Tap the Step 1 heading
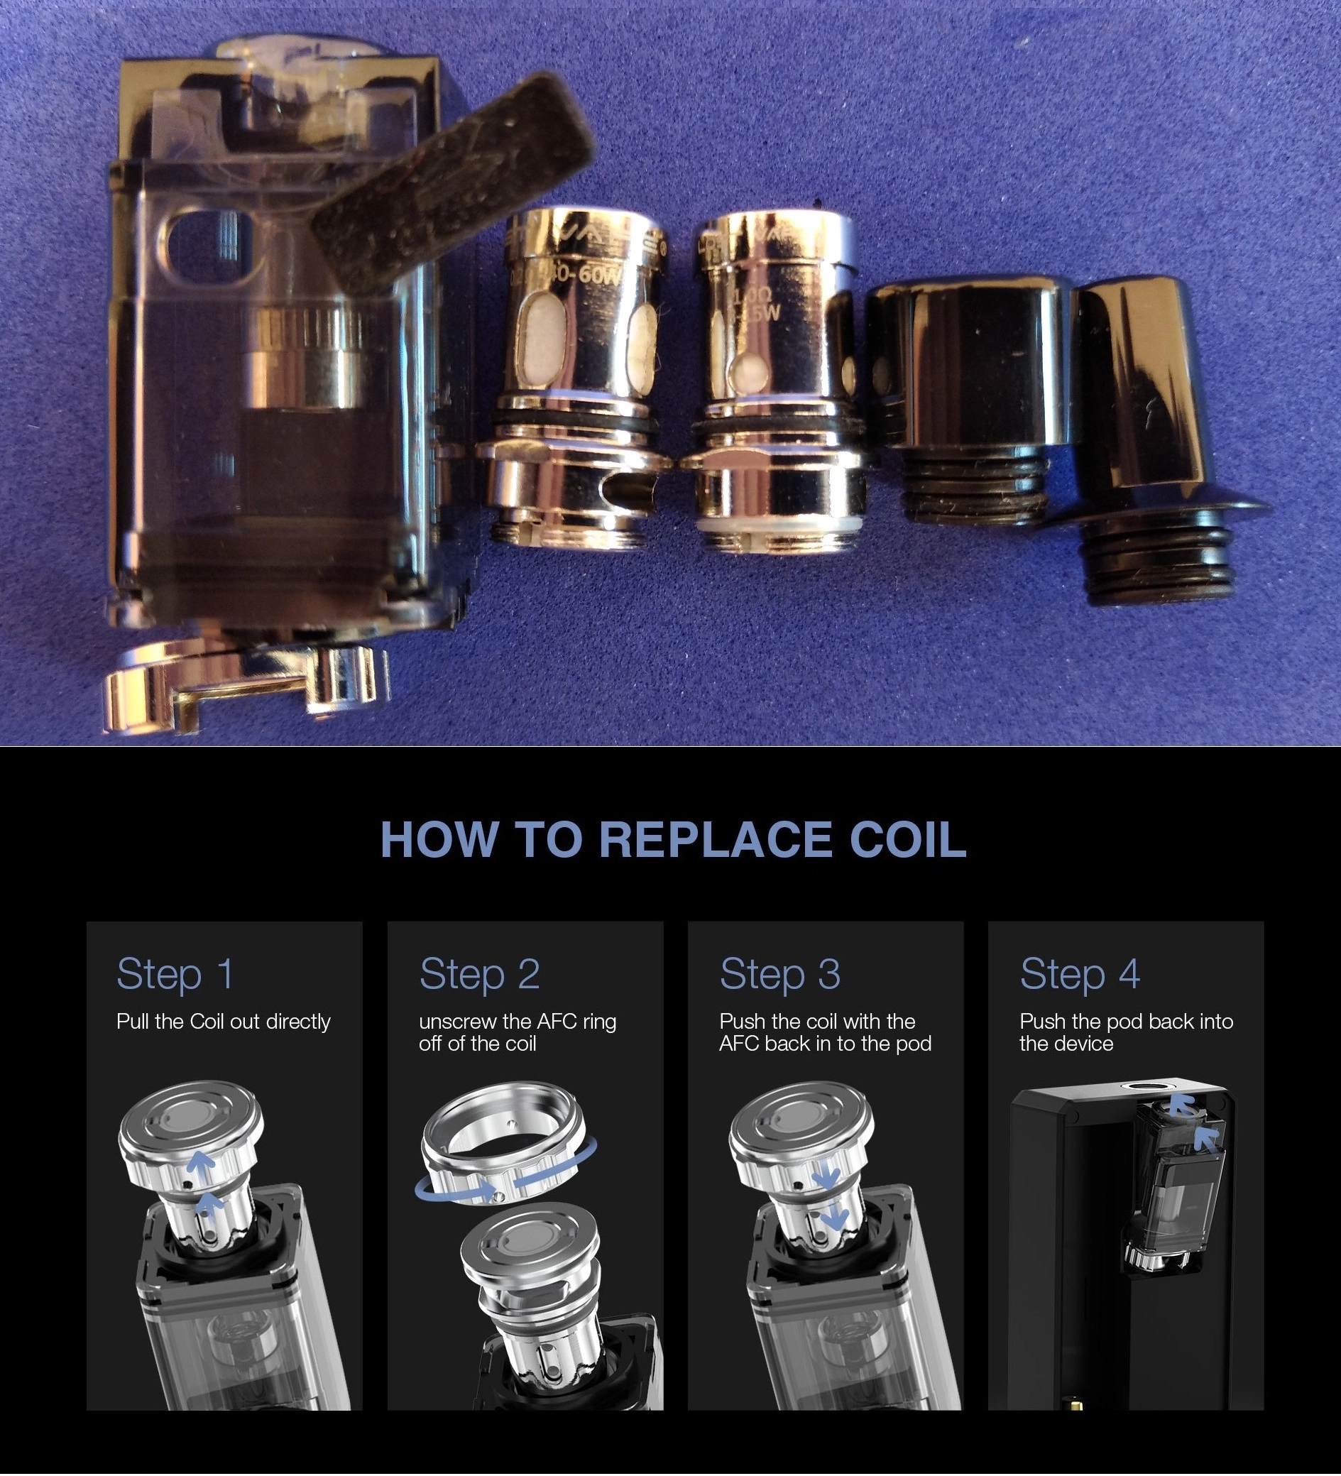175,974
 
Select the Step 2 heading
479,974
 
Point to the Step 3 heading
779,974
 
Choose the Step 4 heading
1080,974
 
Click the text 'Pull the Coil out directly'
223,1022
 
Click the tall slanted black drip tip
1149,425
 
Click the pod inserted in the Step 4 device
1171,1186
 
